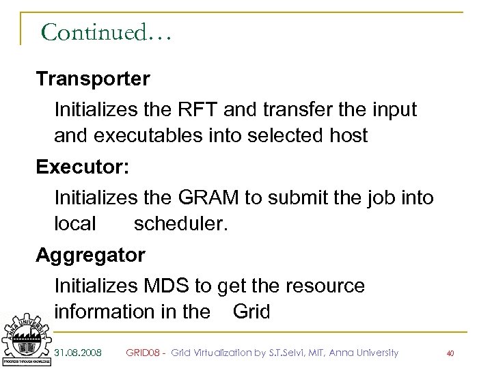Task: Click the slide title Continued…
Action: pyautogui.click(x=105, y=31)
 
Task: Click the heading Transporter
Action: pyautogui.click(x=93, y=79)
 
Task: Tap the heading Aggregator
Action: pyautogui.click(x=90, y=256)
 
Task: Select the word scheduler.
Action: pyautogui.click(x=179, y=223)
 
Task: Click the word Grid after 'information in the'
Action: pyautogui.click(x=251, y=312)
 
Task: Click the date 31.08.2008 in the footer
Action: pyautogui.click(x=79, y=353)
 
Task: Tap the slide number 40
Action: pyautogui.click(x=450, y=353)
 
